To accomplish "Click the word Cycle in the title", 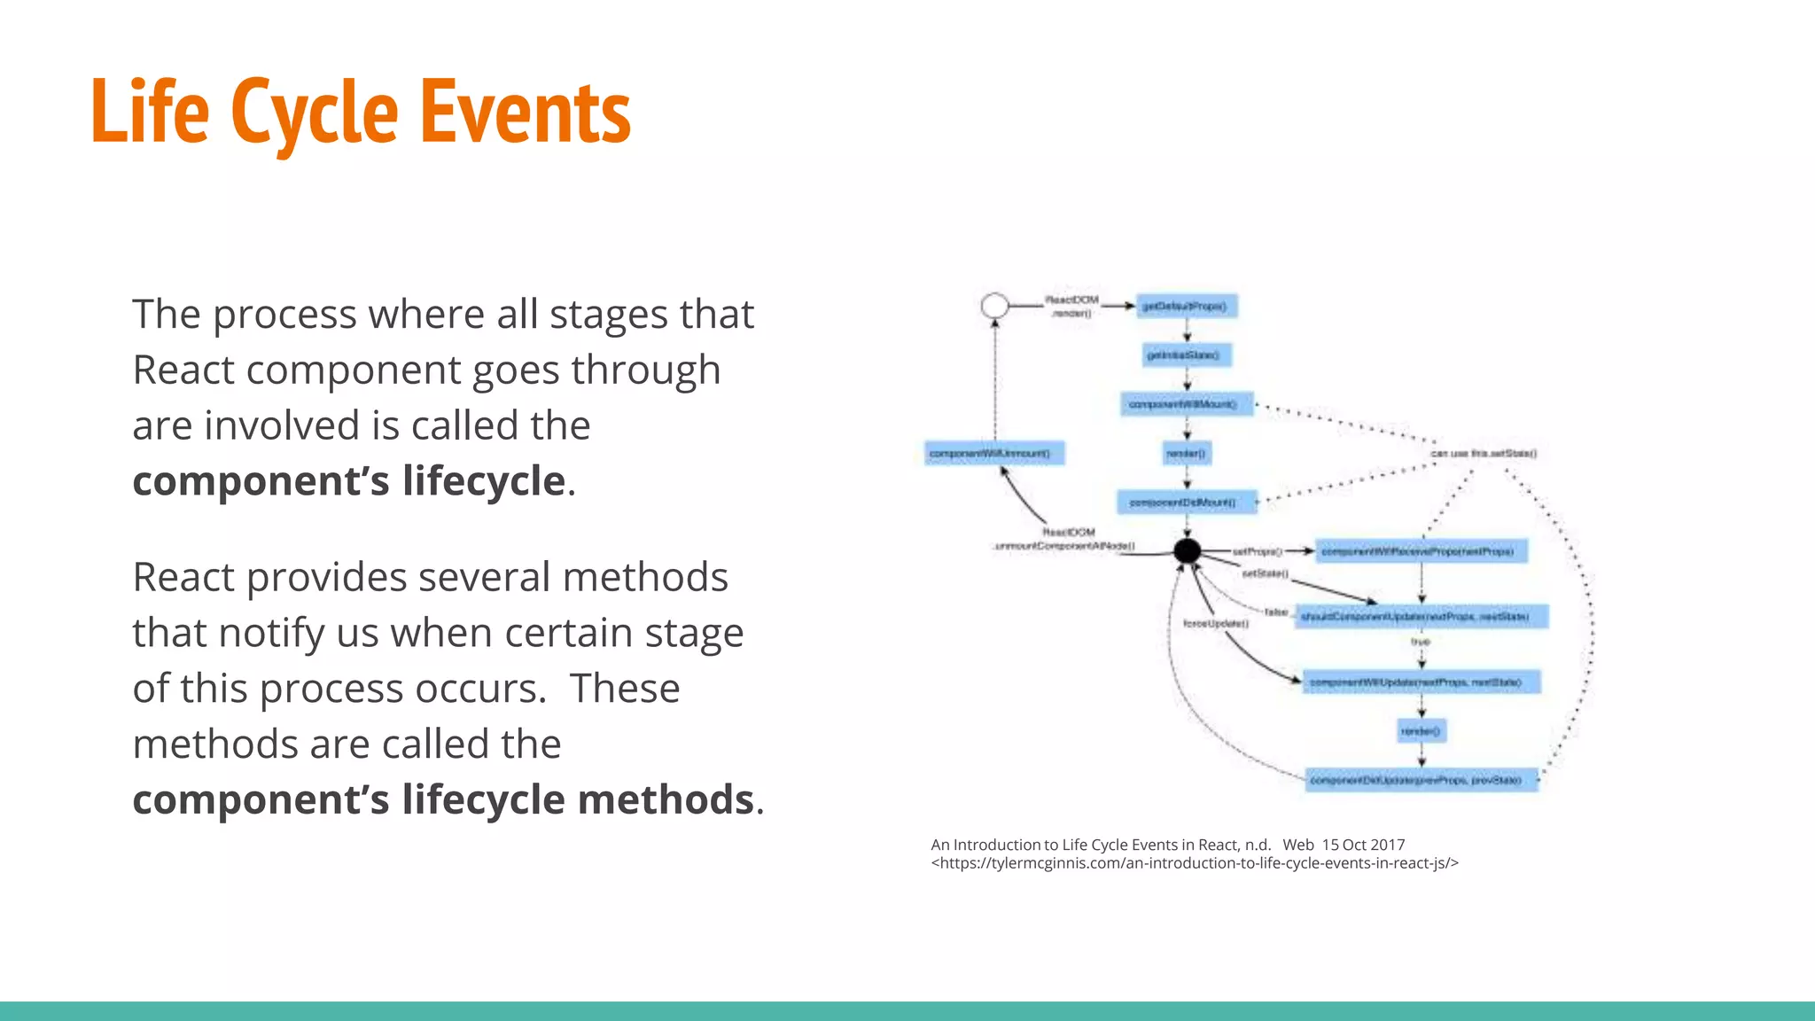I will click(315, 113).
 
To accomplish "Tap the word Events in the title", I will click(525, 113).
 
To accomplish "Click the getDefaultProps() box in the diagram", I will click(1186, 307).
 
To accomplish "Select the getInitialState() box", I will click(1186, 355).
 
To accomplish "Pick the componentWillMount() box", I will click(1186, 404).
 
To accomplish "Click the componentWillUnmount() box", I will click(993, 454).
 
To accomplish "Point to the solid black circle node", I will click(1187, 551).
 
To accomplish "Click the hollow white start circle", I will click(995, 306).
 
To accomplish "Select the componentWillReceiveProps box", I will click(1421, 551).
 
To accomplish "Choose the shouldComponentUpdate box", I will click(1421, 616).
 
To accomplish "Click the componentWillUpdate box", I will click(1421, 682).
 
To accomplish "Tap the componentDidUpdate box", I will click(1421, 780).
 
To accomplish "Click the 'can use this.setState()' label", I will click(1484, 454).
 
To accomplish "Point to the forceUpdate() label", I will click(1216, 624).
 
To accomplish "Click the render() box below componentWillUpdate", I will click(1421, 731).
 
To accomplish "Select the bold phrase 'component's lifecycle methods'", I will click(443, 799).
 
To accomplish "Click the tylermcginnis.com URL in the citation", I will click(1195, 863).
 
